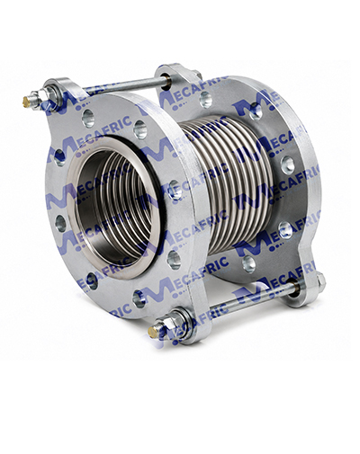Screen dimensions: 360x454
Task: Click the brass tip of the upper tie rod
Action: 27,102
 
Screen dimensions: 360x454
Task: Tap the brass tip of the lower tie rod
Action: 153,332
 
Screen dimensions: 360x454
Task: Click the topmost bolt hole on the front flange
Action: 88,118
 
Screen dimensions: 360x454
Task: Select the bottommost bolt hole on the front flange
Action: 139,298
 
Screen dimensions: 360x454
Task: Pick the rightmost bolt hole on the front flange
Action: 175,190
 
